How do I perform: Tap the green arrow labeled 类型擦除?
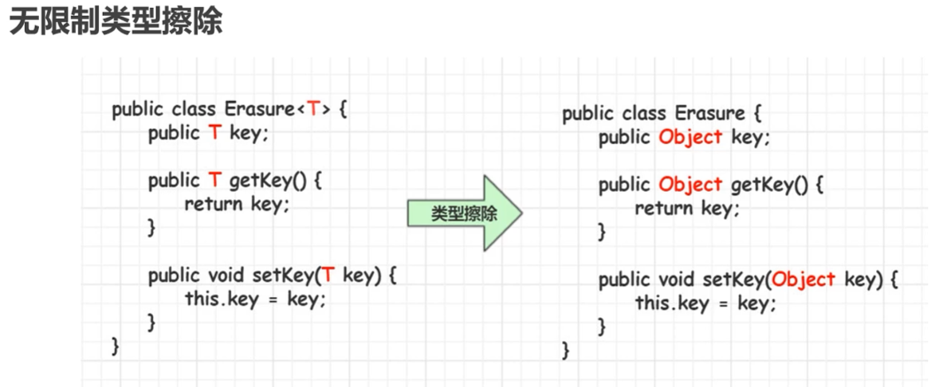click(465, 213)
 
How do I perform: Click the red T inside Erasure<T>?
click(314, 110)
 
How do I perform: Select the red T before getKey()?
click(215, 181)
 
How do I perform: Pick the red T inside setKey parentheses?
click(328, 276)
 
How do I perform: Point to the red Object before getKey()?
click(690, 185)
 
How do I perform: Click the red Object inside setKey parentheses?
click(803, 280)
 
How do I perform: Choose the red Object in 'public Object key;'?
click(690, 137)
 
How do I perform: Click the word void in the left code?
click(227, 276)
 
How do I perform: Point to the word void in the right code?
click(678, 280)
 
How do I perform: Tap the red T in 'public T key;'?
click(215, 134)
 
